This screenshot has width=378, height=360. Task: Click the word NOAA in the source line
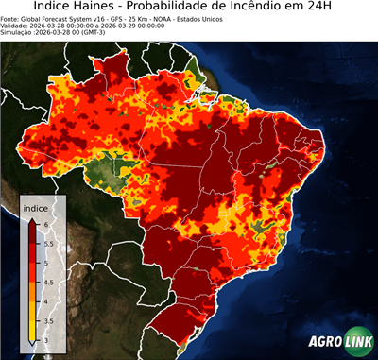172,18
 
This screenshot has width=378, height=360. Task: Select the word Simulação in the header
19,33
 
